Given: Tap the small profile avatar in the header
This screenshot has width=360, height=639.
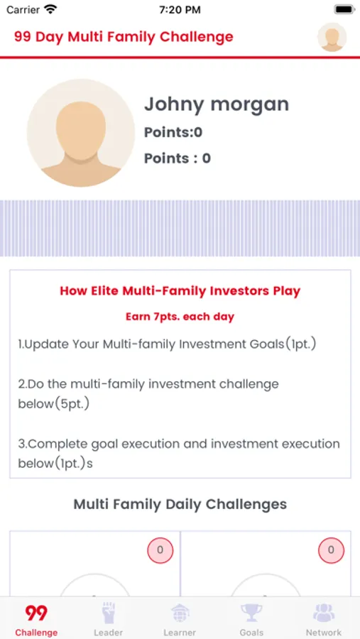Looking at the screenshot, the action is [x=332, y=37].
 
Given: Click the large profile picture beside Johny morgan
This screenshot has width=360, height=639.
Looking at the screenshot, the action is [x=81, y=133].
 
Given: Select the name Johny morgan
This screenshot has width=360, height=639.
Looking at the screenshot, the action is [x=217, y=104].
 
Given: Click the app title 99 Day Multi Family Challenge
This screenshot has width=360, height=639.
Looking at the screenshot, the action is [x=124, y=37].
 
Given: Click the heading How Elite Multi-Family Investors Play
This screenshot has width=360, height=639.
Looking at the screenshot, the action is [x=180, y=291].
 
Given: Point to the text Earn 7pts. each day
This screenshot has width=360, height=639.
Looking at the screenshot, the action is [x=180, y=317].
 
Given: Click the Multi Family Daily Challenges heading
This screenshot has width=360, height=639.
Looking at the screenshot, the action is [x=180, y=504].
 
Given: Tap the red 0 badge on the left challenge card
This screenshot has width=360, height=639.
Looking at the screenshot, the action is [x=160, y=550].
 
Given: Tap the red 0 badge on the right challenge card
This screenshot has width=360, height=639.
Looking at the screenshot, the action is [x=331, y=550].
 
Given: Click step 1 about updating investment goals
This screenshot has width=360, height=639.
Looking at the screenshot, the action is [x=167, y=344].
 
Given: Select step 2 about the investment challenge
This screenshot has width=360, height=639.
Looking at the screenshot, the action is [x=148, y=394].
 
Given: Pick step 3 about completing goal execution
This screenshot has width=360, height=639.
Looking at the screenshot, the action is [x=179, y=454].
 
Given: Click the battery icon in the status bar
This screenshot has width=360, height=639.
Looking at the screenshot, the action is [x=344, y=10].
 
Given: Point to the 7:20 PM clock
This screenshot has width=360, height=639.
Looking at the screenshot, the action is [x=180, y=10].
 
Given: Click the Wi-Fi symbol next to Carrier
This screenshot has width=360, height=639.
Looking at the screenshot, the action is [x=50, y=9].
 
